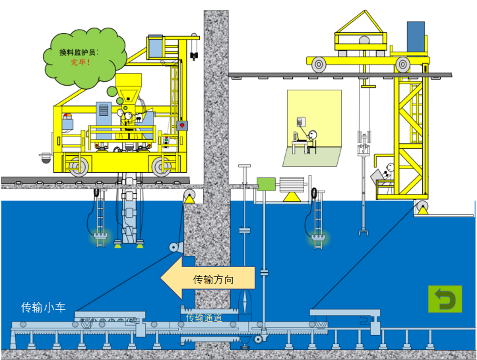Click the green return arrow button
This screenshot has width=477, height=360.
click(445, 299)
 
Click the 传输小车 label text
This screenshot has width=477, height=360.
click(44, 307)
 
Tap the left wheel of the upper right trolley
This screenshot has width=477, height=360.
click(319, 64)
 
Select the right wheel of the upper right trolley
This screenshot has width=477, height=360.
click(402, 64)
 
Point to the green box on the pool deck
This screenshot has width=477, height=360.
click(266, 184)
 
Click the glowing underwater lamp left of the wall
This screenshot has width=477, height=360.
click(100, 235)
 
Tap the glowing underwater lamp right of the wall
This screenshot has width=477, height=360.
click(319, 235)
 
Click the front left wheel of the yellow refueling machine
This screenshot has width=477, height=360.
click(80, 166)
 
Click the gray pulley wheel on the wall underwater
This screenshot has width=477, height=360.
click(175, 247)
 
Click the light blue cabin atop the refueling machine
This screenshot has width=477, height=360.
click(156, 46)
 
